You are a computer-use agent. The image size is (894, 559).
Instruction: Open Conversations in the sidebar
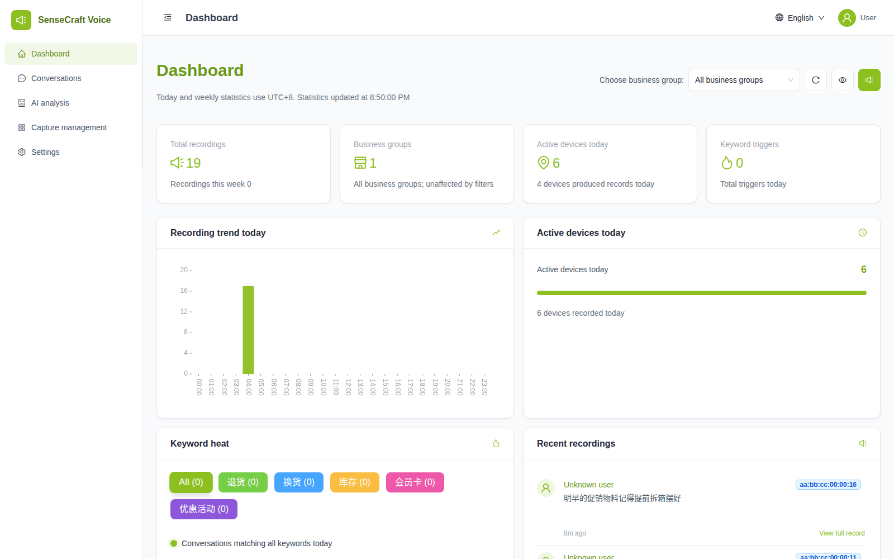pyautogui.click(x=56, y=78)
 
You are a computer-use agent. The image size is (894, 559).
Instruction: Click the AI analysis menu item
pyautogui.click(x=50, y=103)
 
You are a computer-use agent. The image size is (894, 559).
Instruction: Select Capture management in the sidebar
pyautogui.click(x=69, y=127)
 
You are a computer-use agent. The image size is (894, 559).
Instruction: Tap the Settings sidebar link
pyautogui.click(x=45, y=152)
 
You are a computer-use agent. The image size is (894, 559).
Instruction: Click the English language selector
pyautogui.click(x=800, y=18)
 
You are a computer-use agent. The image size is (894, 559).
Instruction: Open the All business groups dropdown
pyautogui.click(x=744, y=80)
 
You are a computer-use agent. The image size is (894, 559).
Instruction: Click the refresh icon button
pyautogui.click(x=816, y=80)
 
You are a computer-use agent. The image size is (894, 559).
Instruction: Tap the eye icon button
pyautogui.click(x=843, y=80)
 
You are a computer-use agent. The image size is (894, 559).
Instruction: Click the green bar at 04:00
pyautogui.click(x=248, y=330)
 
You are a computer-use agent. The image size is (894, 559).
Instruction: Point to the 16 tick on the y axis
pyautogui.click(x=184, y=291)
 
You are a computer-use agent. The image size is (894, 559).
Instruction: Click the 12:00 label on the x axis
pyautogui.click(x=348, y=387)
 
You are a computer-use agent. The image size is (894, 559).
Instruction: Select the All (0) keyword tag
pyautogui.click(x=191, y=482)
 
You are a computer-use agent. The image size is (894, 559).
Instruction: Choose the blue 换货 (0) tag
pyautogui.click(x=299, y=482)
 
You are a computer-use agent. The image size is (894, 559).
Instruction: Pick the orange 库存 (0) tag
pyautogui.click(x=354, y=482)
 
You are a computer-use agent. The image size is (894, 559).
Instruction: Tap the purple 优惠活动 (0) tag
pyautogui.click(x=204, y=509)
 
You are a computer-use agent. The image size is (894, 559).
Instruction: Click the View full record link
pyautogui.click(x=841, y=533)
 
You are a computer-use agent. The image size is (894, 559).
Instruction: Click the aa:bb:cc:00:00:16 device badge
pyautogui.click(x=828, y=484)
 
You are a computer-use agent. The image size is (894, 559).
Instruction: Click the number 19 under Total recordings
pyautogui.click(x=193, y=163)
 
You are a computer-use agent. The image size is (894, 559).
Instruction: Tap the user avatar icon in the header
pyautogui.click(x=847, y=18)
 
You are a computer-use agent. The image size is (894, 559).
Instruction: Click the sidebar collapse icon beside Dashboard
pyautogui.click(x=168, y=17)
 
